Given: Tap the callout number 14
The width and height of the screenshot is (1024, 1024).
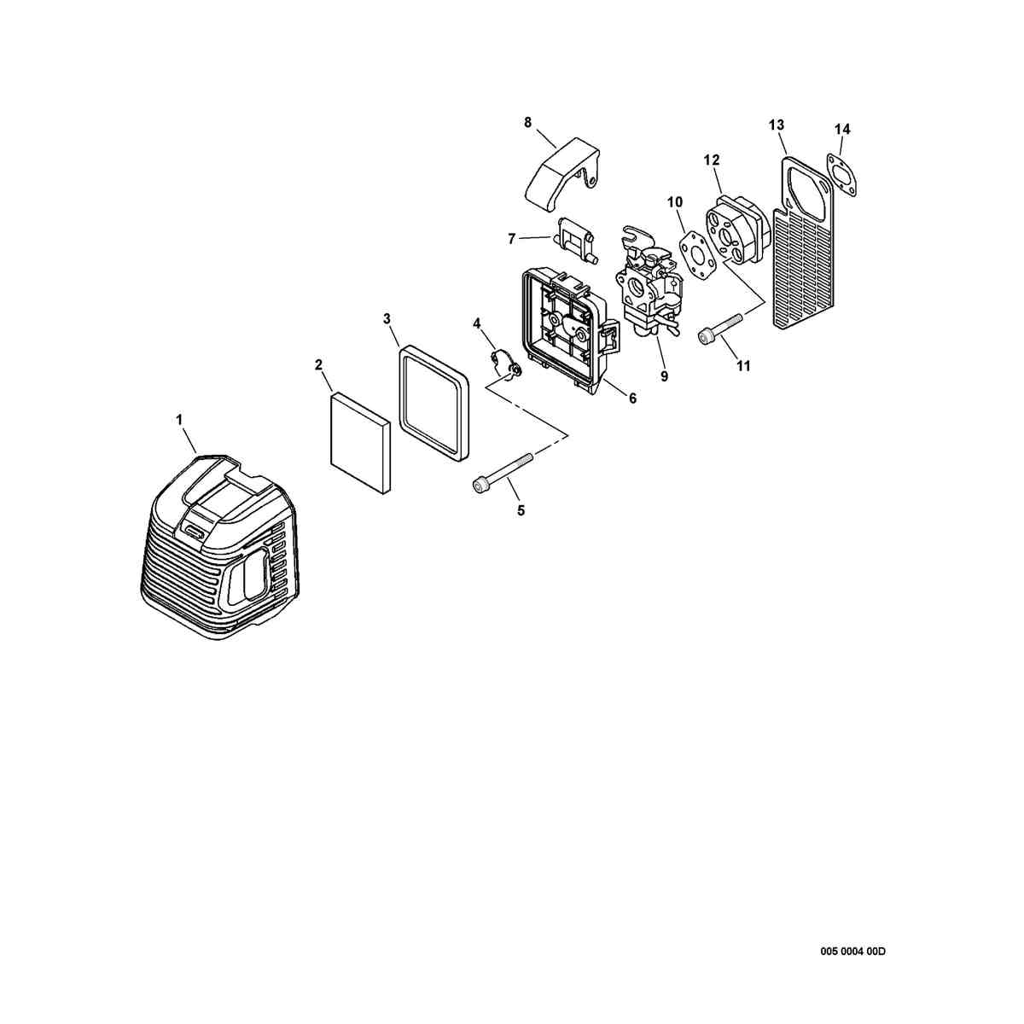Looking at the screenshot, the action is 841,129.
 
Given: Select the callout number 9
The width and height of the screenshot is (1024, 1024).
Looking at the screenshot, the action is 664,376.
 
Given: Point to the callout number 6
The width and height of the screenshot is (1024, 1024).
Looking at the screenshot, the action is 632,398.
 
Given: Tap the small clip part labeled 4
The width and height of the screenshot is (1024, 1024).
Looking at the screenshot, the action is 505,366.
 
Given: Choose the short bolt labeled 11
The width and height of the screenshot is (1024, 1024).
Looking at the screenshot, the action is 720,329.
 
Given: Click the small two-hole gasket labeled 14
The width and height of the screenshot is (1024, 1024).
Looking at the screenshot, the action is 841,176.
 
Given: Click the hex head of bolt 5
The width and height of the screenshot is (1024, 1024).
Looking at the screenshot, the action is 477,485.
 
